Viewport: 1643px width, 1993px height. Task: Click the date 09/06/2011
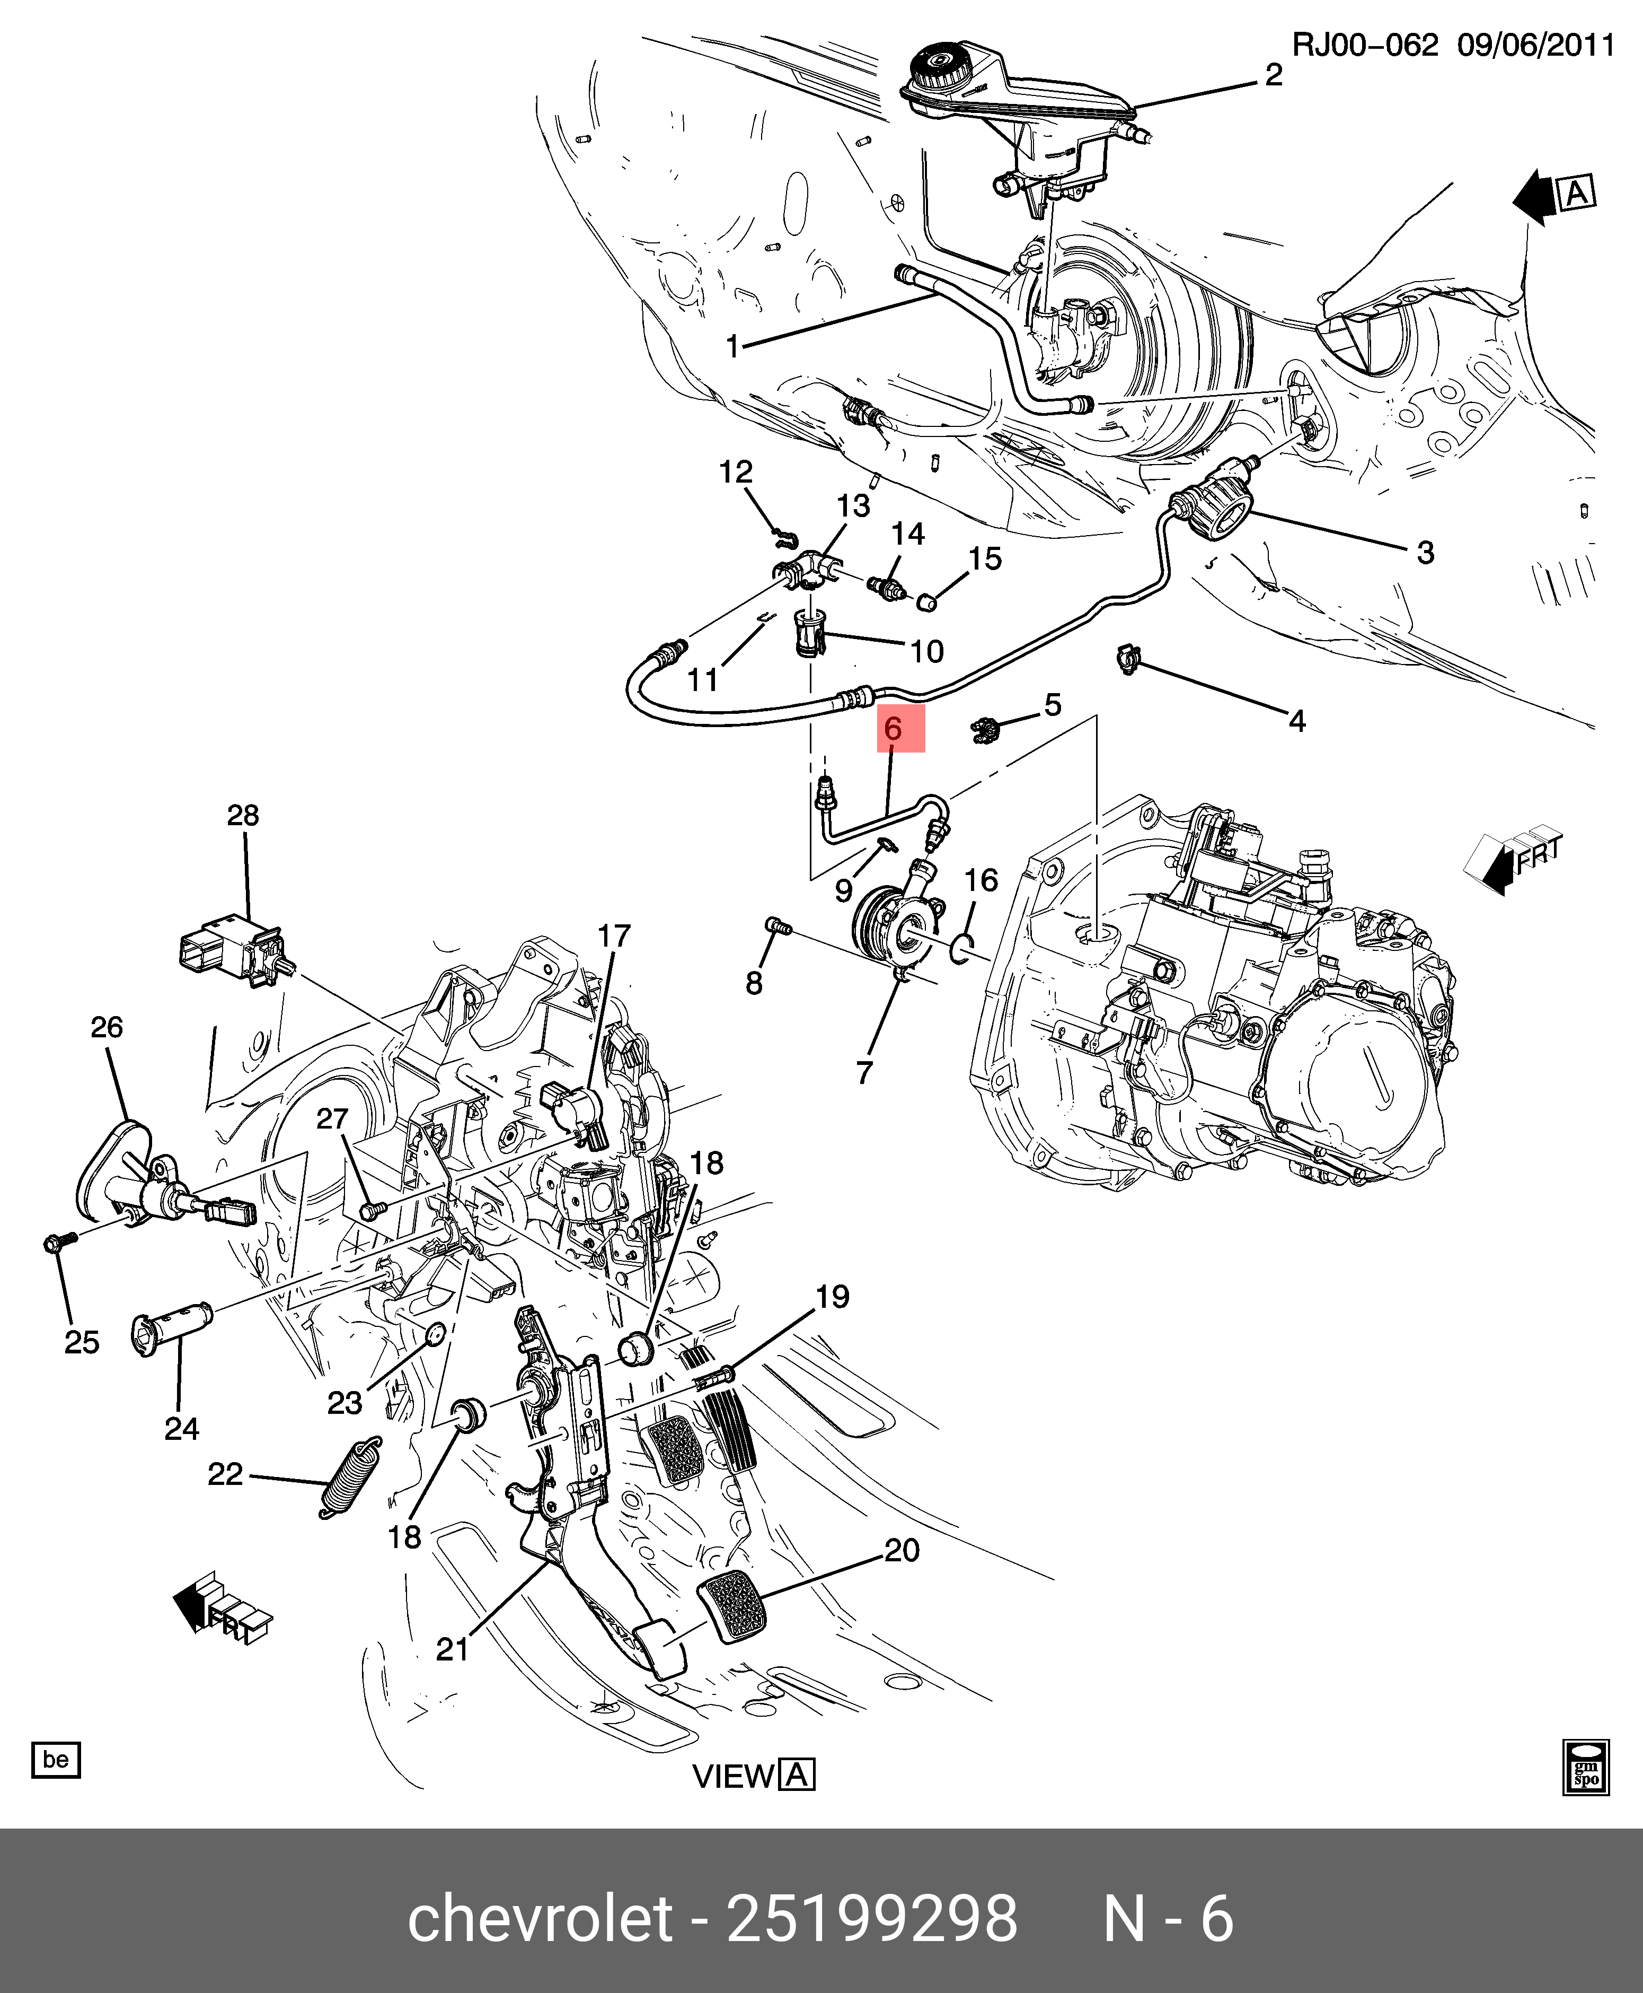(1535, 46)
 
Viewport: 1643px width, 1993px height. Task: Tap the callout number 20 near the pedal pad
(901, 1550)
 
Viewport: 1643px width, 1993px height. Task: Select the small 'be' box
(56, 1759)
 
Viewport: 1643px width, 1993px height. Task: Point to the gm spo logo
(1585, 1766)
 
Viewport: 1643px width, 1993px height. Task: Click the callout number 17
(613, 936)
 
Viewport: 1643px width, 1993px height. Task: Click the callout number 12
(736, 471)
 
